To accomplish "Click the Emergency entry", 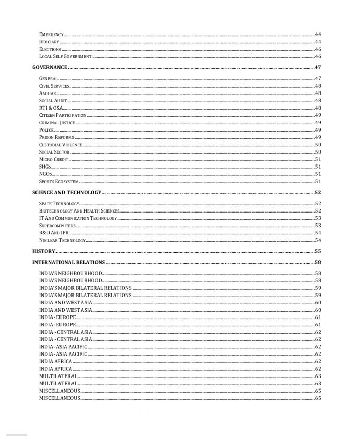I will click(51, 34).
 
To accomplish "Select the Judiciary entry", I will click(49, 42).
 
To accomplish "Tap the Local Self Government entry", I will click(65, 56).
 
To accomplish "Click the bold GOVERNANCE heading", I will click(50, 67).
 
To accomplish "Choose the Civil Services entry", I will click(54, 86).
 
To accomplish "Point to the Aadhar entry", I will click(47, 93).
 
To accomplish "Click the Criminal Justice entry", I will click(57, 123).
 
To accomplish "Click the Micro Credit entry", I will click(54, 159).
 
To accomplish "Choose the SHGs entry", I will click(45, 167).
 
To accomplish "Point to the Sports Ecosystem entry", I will click(59, 182).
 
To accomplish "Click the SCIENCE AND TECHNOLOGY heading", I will click(66, 193).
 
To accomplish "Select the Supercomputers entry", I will click(57, 226).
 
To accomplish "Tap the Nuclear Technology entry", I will click(62, 240).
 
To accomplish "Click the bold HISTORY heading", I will click(44, 251).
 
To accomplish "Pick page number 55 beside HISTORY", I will click(318, 251).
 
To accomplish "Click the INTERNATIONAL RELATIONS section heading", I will click(68, 262).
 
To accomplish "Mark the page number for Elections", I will click(318, 49).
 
